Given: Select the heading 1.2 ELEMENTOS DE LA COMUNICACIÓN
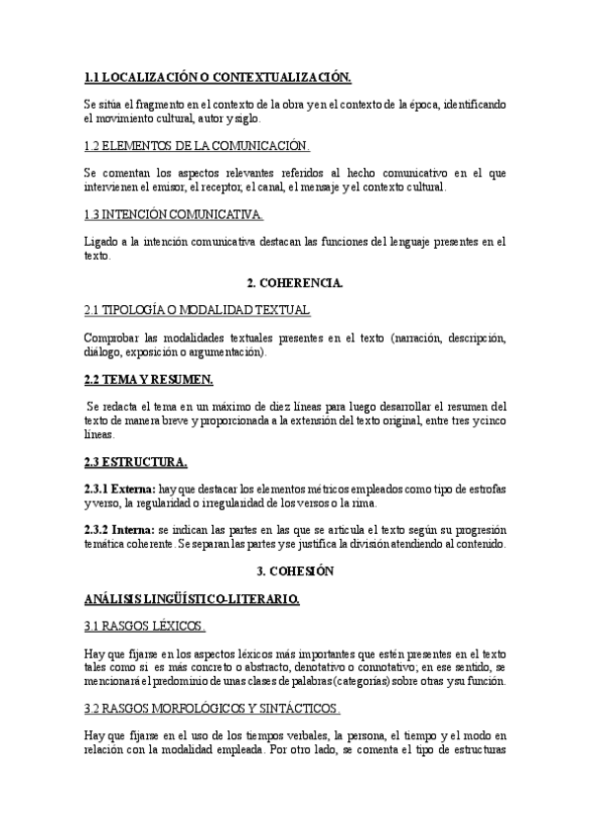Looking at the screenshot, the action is pos(197,146).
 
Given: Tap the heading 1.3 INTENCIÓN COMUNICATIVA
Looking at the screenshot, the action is pos(174,213).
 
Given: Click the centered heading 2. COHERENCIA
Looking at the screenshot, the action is pos(295,283).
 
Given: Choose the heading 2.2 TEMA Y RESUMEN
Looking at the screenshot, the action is pos(149,380).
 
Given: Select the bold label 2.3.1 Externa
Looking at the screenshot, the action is pos(119,489).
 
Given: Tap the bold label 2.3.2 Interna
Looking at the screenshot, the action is pos(118,529).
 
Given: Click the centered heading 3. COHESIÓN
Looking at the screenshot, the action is pos(295,571).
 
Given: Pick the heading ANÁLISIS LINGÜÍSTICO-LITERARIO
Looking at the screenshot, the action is pos(191,598).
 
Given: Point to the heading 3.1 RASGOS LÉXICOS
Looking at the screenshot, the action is pos(145,626).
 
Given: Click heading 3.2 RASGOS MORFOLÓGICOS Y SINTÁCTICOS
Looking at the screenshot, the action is pos(212,708).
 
